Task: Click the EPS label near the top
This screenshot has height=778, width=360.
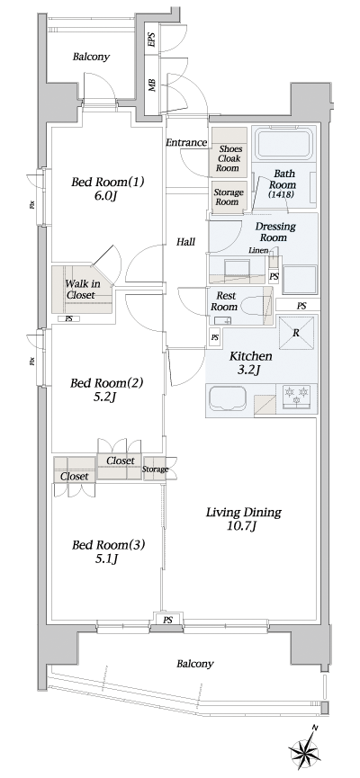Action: (150, 40)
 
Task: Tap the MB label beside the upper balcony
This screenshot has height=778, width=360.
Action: (151, 87)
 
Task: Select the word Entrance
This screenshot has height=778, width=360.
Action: (186, 143)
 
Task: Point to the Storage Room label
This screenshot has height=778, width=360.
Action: (227, 197)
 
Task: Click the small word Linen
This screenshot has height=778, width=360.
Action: (257, 251)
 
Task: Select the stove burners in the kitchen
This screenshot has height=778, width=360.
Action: (296, 393)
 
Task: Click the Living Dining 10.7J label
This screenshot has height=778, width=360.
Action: (243, 519)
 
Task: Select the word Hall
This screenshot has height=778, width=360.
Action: (186, 241)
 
